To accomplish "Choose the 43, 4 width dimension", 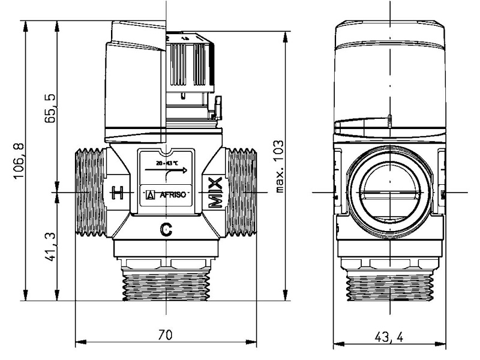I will [x=391, y=337].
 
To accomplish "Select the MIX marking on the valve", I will [x=215, y=193].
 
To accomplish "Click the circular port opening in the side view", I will [x=391, y=191].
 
